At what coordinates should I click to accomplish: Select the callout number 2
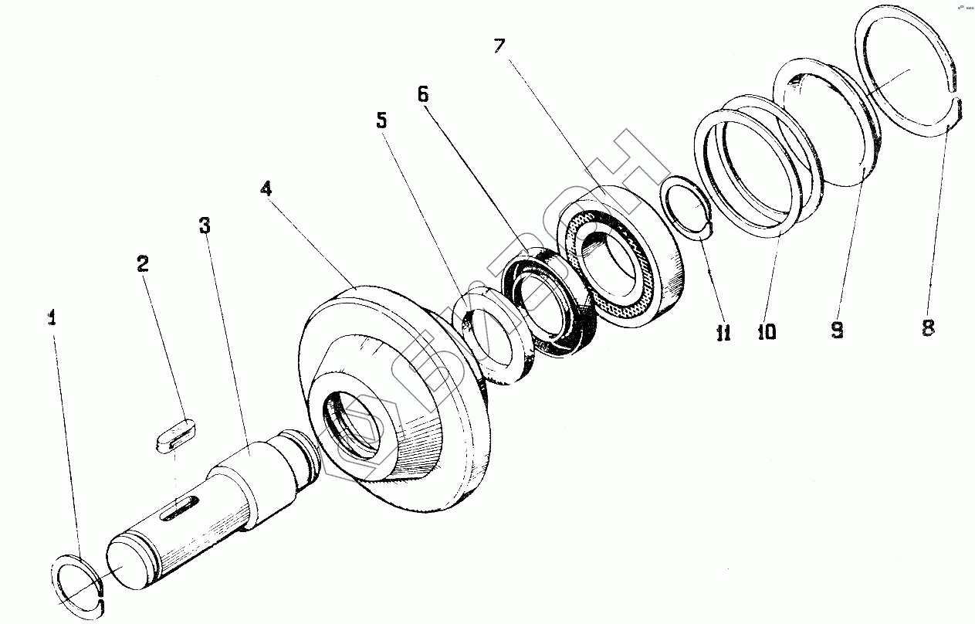[x=142, y=263]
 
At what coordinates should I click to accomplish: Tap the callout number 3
[x=204, y=226]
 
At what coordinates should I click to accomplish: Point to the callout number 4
[x=266, y=188]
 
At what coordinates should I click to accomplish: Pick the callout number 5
[x=381, y=120]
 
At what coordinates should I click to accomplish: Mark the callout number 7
[x=499, y=46]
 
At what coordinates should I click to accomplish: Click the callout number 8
[x=928, y=327]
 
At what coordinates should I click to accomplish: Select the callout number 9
[x=837, y=330]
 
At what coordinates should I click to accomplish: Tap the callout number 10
[x=767, y=331]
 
